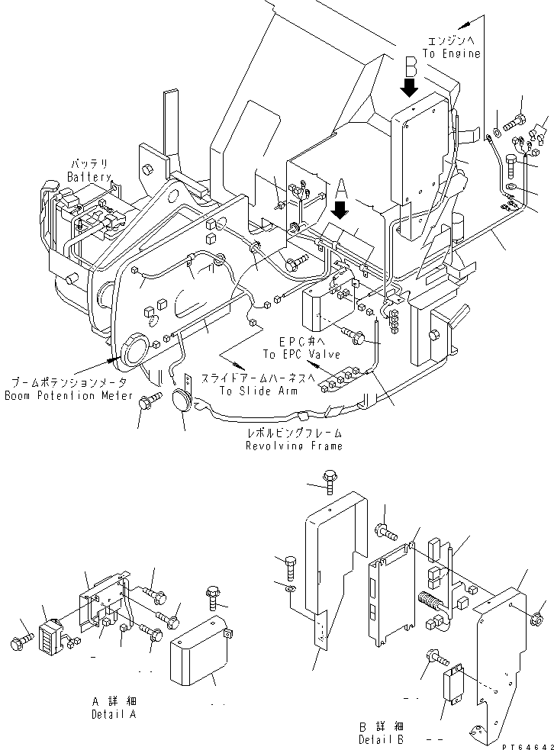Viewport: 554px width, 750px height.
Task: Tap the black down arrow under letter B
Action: pyautogui.click(x=410, y=88)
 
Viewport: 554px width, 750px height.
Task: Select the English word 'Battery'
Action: pyautogui.click(x=89, y=177)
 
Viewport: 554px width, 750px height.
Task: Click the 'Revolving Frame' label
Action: pyautogui.click(x=294, y=446)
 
